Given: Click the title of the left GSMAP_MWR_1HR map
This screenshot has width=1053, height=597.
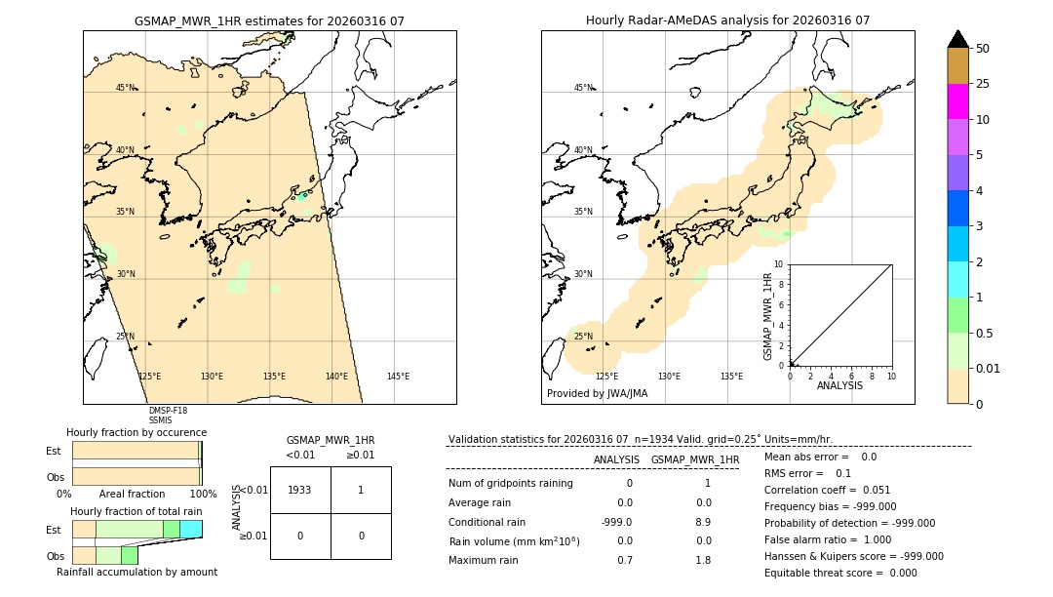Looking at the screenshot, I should click(269, 20).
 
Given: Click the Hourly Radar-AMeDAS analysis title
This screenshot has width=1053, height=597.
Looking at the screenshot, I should click(727, 20).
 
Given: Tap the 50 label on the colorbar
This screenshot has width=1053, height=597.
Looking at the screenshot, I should click(983, 49).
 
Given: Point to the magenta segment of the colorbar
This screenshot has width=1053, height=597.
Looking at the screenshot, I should click(957, 101).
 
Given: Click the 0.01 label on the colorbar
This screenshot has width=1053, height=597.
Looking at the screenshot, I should click(989, 369).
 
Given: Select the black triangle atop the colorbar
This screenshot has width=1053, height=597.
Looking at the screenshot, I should click(957, 39).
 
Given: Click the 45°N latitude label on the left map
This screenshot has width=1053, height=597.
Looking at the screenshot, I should click(126, 88).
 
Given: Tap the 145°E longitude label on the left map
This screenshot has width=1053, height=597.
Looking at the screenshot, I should click(398, 377).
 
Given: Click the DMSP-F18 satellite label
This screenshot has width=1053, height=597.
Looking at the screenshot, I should click(168, 411).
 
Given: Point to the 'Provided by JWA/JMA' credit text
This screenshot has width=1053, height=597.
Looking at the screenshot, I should click(597, 394).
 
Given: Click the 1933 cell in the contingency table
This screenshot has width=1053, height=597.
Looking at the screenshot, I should click(300, 490).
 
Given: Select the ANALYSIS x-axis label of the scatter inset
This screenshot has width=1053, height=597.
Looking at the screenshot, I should click(840, 386).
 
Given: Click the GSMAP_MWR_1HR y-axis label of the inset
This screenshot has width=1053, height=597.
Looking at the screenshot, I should click(767, 316).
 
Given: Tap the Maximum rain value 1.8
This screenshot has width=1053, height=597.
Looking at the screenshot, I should click(702, 560).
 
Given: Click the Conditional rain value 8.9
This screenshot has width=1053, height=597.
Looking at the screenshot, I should click(702, 522).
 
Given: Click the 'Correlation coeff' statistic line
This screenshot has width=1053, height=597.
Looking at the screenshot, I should click(827, 490).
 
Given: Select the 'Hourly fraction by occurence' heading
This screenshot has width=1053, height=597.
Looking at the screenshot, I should click(136, 432).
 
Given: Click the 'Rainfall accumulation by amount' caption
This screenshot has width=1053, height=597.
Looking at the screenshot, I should click(136, 572).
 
